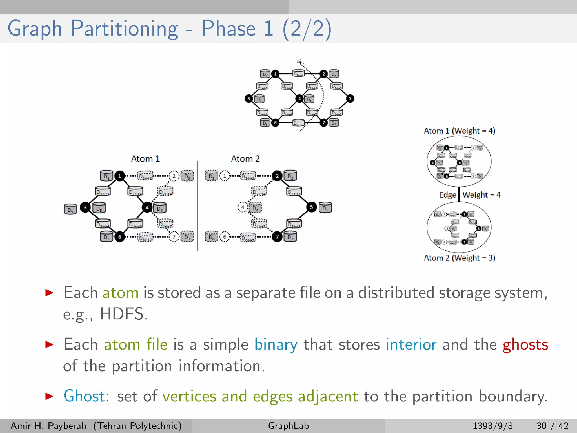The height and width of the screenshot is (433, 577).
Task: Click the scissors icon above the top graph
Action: pyautogui.click(x=299, y=61)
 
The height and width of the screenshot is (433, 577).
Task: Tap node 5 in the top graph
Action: pyautogui.click(x=350, y=99)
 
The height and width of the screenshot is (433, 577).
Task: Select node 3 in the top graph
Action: pyautogui.click(x=248, y=99)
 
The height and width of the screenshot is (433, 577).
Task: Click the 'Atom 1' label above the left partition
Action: pyautogui.click(x=145, y=159)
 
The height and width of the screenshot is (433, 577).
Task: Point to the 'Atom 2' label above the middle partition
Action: pyautogui.click(x=245, y=159)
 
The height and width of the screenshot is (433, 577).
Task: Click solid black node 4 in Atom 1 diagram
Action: pyautogui.click(x=147, y=208)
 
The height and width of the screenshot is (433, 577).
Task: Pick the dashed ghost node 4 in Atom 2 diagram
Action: pyautogui.click(x=242, y=207)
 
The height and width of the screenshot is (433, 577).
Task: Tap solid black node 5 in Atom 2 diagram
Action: pyautogui.click(x=311, y=207)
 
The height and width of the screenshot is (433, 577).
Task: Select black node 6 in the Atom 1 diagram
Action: pyautogui.click(x=120, y=237)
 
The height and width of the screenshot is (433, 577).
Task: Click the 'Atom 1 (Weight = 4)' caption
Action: pyautogui.click(x=459, y=131)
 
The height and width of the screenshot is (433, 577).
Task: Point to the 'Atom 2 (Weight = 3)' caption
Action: pyautogui.click(x=459, y=258)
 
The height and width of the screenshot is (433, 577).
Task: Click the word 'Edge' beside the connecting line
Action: pyautogui.click(x=447, y=195)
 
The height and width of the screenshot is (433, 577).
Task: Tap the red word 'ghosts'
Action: pyautogui.click(x=525, y=345)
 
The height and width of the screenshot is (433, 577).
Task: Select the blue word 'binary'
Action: pyautogui.click(x=276, y=345)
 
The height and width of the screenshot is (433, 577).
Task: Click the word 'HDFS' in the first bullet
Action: pyautogui.click(x=122, y=314)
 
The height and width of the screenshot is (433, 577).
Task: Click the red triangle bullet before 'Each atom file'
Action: pyautogui.click(x=49, y=344)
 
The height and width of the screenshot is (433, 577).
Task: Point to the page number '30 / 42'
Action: pyautogui.click(x=552, y=426)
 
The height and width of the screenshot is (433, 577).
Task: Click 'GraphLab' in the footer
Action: pyautogui.click(x=288, y=426)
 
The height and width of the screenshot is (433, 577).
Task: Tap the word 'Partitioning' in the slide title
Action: pyautogui.click(x=124, y=29)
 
